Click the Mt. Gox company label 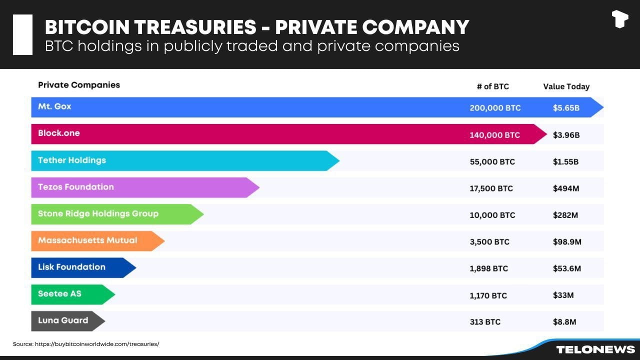pyautogui.click(x=54, y=106)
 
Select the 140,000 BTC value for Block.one pyautogui.click(x=494, y=135)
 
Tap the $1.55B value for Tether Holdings pyautogui.click(x=565, y=162)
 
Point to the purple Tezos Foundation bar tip pyautogui.click(x=253, y=187)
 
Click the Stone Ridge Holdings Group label pyautogui.click(x=98, y=213)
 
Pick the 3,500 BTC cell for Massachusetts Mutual pyautogui.click(x=489, y=242)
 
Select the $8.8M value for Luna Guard pyautogui.click(x=564, y=322)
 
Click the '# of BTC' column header pyautogui.click(x=492, y=86)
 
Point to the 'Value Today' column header pyautogui.click(x=566, y=86)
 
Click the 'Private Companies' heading pyautogui.click(x=79, y=85)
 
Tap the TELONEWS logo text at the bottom pyautogui.click(x=595, y=349)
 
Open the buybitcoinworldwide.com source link pyautogui.click(x=97, y=344)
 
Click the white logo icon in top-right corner pyautogui.click(x=619, y=19)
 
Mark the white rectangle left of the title pyautogui.click(x=22, y=34)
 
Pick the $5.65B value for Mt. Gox pyautogui.click(x=566, y=108)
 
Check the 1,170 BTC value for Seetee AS pyautogui.click(x=488, y=295)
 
